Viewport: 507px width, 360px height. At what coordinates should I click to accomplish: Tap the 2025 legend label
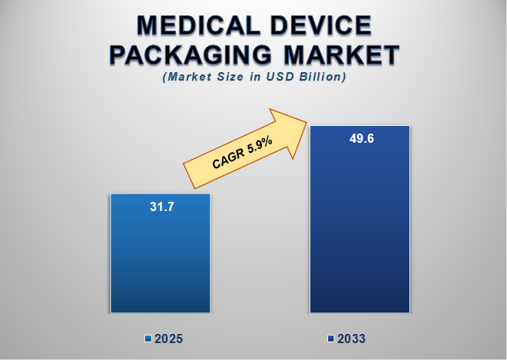[x=168, y=339]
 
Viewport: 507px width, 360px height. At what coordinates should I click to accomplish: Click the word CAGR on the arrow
[x=227, y=161]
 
